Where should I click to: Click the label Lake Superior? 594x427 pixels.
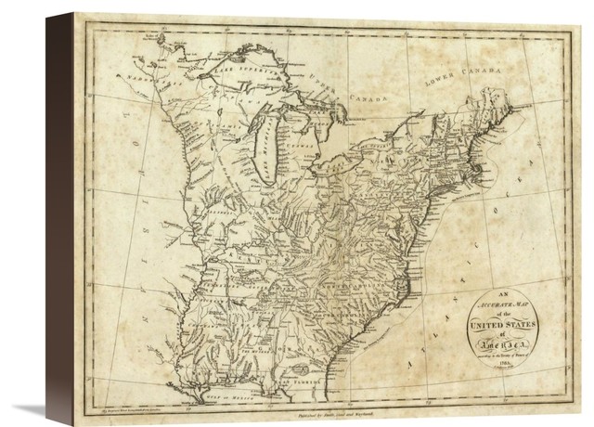pyautogui.click(x=243, y=68)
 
